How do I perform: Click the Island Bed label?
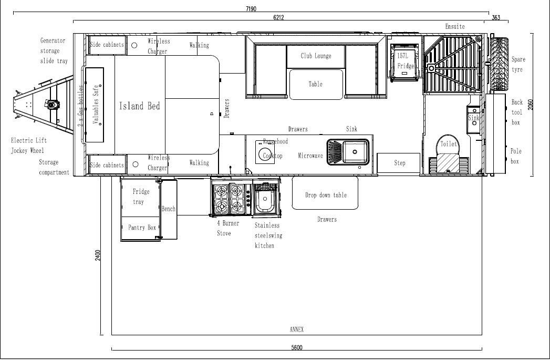(139, 106)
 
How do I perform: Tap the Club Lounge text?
(316, 56)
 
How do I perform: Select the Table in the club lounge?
(316, 84)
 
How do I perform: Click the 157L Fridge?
(406, 61)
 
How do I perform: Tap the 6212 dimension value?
(278, 17)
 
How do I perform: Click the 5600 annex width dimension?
(298, 347)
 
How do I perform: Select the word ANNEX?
(297, 330)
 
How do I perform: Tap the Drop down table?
(326, 195)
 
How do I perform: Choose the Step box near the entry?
(399, 163)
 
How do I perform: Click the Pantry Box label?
(142, 228)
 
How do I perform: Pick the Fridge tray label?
(138, 197)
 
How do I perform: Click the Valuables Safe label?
(96, 105)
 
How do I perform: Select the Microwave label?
(310, 156)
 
